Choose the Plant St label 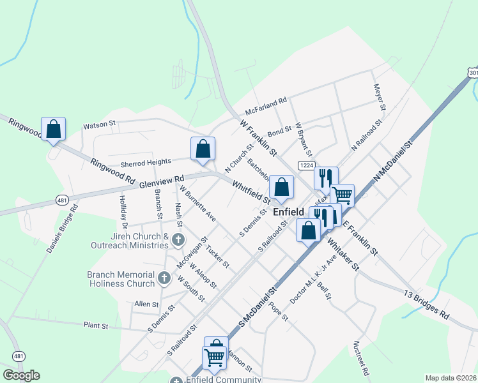click(x=96, y=326)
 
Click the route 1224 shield click(x=306, y=166)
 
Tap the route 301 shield click(x=473, y=73)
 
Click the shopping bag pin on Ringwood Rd click(x=54, y=129)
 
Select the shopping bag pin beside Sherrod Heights click(x=203, y=149)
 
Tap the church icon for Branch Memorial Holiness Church click(x=164, y=278)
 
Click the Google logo click(x=21, y=375)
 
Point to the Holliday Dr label click(x=123, y=211)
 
